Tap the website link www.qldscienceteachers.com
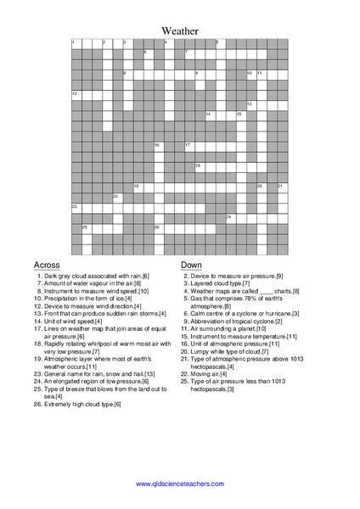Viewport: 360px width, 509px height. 179,484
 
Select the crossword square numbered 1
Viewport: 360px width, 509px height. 76,43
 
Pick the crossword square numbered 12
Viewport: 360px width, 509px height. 76,94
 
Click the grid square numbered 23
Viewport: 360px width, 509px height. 76,208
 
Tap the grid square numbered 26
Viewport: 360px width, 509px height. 158,228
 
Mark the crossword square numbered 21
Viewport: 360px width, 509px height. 281,187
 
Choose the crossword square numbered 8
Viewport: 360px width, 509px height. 127,75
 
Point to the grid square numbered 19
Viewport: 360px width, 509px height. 138,187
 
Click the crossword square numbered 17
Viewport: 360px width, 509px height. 188,146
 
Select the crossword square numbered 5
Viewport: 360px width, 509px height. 219,43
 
